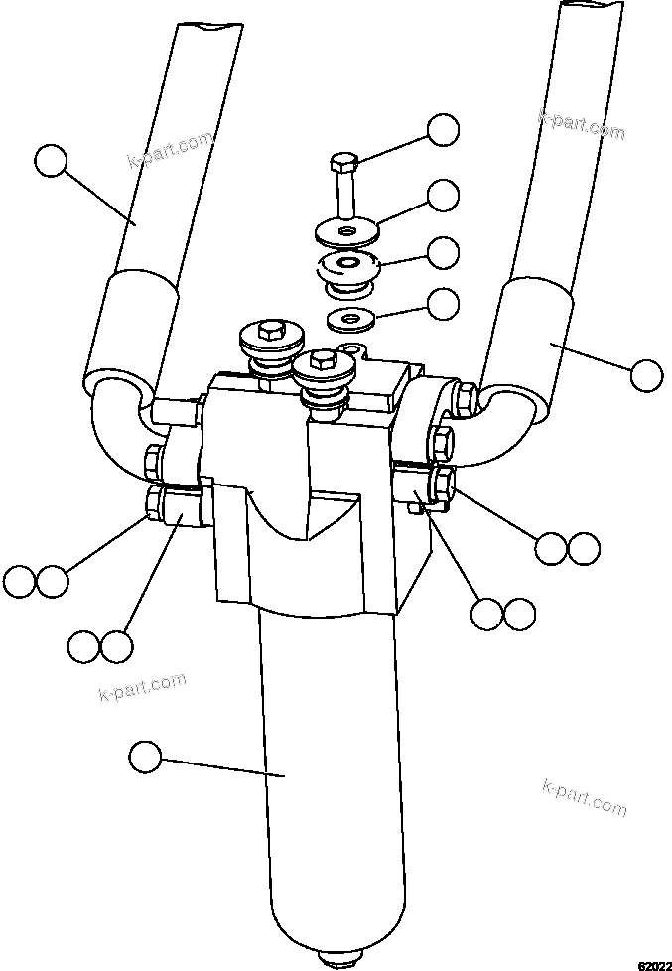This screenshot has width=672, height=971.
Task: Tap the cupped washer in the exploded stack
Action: tap(347, 268)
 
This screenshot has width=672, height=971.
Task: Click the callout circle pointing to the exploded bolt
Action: tap(443, 130)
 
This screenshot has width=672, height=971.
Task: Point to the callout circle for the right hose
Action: tap(645, 375)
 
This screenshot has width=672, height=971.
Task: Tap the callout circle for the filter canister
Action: tap(145, 757)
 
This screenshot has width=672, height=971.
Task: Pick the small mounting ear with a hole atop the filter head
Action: tap(350, 350)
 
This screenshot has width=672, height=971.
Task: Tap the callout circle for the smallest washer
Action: tap(443, 302)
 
